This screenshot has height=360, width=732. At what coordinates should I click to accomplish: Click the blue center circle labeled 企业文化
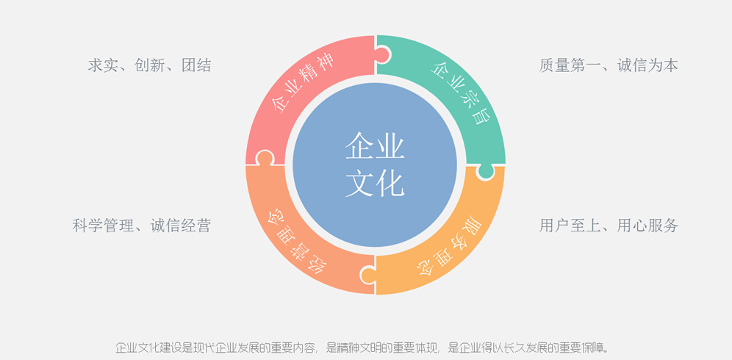point(375,164)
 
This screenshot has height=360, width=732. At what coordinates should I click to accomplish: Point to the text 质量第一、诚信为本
point(609,65)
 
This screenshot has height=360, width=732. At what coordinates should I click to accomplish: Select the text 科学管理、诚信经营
point(142,226)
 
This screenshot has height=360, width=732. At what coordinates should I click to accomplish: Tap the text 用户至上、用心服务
point(609,226)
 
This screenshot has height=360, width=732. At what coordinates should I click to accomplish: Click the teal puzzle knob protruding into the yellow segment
point(485,171)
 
